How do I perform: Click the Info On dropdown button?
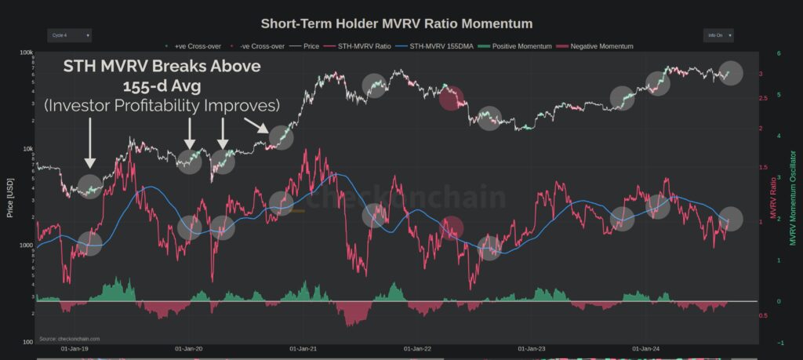[718, 35]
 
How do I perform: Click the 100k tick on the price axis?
[27, 53]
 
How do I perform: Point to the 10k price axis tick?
[27, 149]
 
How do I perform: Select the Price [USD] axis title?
[10, 196]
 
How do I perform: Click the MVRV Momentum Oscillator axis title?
[792, 196]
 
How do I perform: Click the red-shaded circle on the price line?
[452, 99]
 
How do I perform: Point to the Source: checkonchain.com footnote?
[69, 339]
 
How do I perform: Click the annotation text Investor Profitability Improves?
[162, 104]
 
